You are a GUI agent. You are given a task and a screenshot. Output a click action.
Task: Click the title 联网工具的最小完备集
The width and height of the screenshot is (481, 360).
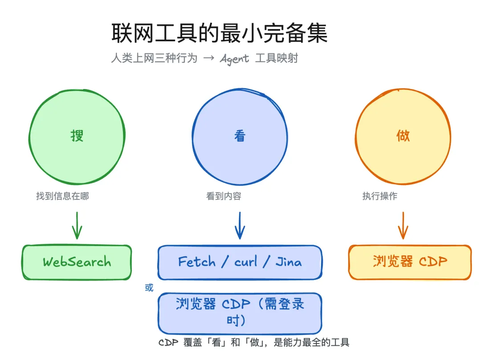tap(219, 33)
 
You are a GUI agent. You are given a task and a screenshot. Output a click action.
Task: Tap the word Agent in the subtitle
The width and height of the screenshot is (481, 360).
tap(234, 59)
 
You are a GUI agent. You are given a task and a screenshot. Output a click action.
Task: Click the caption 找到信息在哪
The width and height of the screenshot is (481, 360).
tap(62, 196)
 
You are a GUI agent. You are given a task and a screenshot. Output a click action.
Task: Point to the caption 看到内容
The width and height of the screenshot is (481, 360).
tap(224, 196)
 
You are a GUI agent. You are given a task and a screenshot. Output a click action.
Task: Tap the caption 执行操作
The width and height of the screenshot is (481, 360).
tap(380, 196)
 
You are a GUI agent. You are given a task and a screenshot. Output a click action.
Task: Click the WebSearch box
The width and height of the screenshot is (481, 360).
tap(77, 262)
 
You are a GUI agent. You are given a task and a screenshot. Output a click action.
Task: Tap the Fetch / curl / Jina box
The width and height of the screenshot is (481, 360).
tap(240, 262)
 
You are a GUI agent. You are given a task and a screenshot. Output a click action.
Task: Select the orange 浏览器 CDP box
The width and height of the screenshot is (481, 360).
tap(410, 262)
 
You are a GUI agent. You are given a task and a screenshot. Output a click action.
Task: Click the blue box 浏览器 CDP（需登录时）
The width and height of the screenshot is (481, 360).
tap(240, 313)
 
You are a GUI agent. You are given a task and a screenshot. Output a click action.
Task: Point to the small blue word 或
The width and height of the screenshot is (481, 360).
tap(149, 287)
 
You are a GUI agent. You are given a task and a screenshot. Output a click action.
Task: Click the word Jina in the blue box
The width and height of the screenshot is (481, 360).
tap(289, 262)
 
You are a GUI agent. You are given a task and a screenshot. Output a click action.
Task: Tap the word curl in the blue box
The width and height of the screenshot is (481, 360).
tap(246, 262)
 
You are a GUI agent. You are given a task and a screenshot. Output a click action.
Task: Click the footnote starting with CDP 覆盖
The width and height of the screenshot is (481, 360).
tap(254, 342)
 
